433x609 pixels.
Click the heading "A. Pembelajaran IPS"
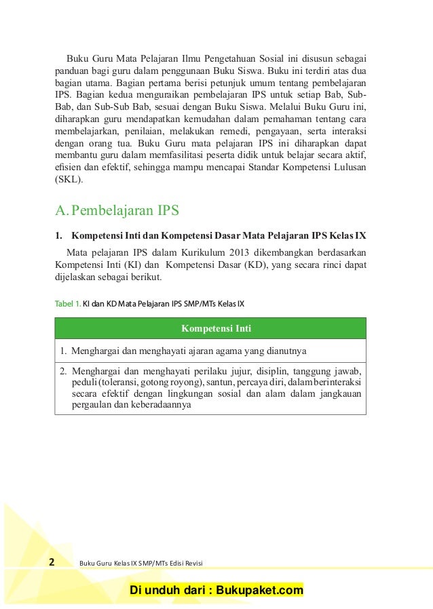(x=117, y=210)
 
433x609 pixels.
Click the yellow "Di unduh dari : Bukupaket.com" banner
(x=216, y=591)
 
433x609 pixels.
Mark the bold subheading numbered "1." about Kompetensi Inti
(x=210, y=236)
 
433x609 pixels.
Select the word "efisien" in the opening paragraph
(x=69, y=168)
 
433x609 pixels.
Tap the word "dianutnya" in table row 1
(x=286, y=351)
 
